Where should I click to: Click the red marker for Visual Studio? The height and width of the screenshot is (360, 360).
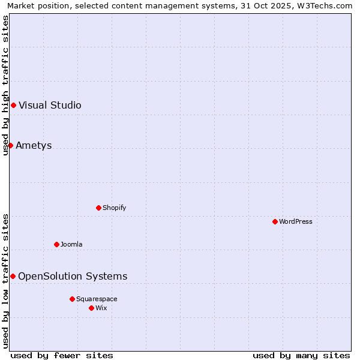[13, 106]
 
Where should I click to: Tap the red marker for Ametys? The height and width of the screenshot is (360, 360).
[10, 145]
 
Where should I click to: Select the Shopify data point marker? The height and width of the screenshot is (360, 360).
[99, 208]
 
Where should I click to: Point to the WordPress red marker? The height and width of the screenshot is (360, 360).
[275, 221]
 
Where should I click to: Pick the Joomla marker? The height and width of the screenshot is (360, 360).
[57, 244]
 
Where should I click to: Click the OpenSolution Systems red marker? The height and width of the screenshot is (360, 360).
[13, 276]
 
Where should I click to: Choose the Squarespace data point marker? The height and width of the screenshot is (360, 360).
[72, 299]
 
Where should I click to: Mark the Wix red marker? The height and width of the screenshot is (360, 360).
[91, 308]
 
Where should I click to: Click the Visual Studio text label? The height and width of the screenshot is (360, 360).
[50, 106]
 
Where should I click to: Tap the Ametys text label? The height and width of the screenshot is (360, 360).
[34, 145]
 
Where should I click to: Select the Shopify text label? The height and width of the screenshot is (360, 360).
[115, 208]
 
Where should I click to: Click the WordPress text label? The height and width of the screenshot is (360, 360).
[296, 221]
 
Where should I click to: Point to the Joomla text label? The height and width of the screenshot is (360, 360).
[71, 244]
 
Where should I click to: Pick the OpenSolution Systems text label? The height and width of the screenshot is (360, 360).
[73, 276]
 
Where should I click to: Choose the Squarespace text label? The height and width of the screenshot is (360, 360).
[97, 299]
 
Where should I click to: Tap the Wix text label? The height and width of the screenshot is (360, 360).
[101, 308]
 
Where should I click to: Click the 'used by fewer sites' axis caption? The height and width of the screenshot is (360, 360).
[62, 355]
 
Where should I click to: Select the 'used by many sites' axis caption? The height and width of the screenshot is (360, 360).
[301, 355]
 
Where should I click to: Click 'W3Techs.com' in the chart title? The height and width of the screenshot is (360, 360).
[327, 6]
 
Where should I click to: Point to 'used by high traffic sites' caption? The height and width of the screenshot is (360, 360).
[6, 85]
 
